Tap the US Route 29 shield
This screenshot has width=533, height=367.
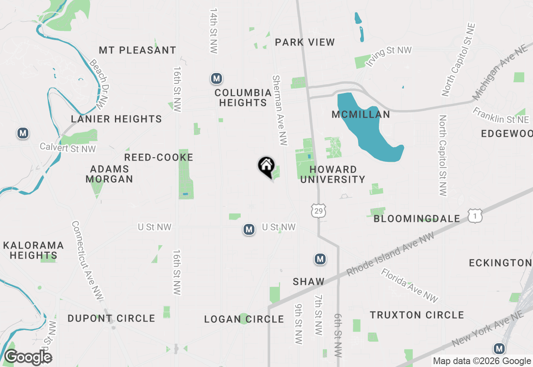coord(319,211)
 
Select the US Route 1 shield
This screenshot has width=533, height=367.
coord(475,216)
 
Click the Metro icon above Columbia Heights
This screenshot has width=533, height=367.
coord(216,78)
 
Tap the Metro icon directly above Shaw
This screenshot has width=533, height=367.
coord(320,259)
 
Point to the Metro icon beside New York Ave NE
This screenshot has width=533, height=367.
coord(499,349)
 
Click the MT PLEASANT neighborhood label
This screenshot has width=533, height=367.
coord(137,50)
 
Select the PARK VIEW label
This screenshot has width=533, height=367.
coord(305,43)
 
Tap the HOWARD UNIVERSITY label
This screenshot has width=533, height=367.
coord(333,174)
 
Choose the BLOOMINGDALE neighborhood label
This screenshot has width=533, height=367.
coord(417,219)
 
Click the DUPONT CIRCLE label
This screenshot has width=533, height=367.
coord(111,319)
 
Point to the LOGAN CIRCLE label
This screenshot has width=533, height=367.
coord(244,319)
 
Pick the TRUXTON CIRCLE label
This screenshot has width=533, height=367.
coord(417,315)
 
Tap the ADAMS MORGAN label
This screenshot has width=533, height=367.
coord(110,174)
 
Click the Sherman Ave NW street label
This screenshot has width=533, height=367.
coord(279,111)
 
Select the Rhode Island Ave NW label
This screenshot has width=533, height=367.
coord(391,254)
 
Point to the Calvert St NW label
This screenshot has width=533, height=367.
coord(68,148)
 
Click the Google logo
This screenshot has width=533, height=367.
coord(28,357)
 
